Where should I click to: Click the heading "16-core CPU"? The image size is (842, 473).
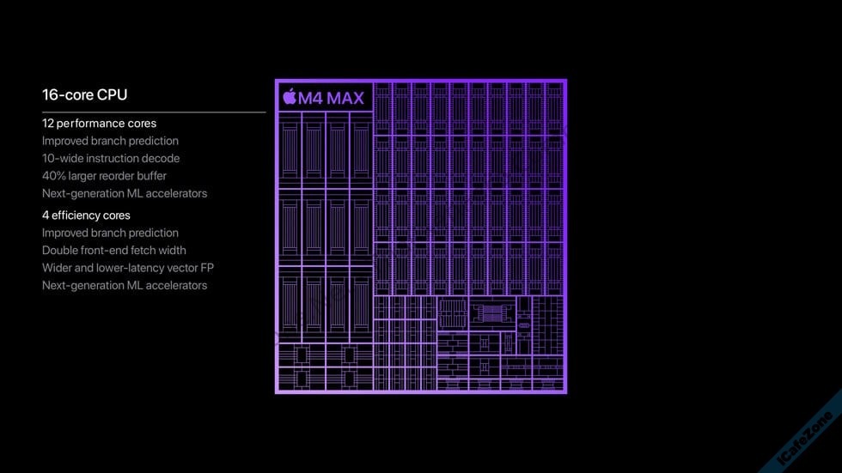pos(85,95)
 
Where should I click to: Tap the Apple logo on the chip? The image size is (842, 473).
pos(290,96)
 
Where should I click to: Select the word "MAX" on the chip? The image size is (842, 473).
pos(345,98)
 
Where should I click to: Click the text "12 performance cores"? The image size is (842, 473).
pos(100,124)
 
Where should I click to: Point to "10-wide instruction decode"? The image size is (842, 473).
pos(111,158)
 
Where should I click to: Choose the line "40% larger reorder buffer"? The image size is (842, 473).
pos(104,176)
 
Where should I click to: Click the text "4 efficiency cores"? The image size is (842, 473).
pos(86,215)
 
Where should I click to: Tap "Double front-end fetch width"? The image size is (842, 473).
pos(113,251)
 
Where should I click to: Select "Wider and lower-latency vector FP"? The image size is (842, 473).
pos(128,268)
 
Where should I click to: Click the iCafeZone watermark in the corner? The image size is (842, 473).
pos(805,438)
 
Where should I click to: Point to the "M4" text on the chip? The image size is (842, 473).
pos(310,98)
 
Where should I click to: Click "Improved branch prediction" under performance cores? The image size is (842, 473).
pos(110,141)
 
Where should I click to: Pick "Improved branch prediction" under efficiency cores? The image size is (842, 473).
pos(110,233)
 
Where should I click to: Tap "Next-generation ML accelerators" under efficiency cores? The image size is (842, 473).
pos(125,285)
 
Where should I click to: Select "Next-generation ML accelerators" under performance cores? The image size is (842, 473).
pos(125,193)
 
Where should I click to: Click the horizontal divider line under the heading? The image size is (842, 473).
pos(154,112)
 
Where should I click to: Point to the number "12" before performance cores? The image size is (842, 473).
pos(48,124)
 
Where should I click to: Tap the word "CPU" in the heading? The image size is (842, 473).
pos(113,95)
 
